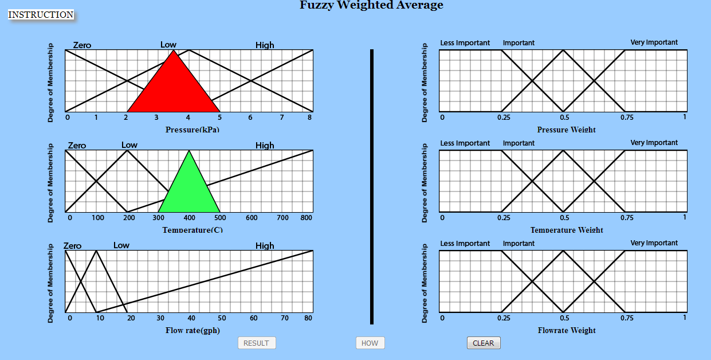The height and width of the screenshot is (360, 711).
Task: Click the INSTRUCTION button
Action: click(x=41, y=15)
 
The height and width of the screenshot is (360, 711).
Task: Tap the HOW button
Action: click(x=370, y=343)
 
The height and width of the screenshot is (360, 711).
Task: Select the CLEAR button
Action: click(x=484, y=343)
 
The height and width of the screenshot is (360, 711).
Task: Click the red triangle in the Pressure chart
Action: click(x=174, y=89)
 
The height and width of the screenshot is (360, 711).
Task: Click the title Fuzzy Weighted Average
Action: click(x=371, y=6)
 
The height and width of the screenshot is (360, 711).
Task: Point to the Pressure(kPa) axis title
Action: click(x=193, y=130)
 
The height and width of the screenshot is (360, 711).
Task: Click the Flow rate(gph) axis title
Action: click(x=193, y=330)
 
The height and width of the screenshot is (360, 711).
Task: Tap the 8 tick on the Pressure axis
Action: click(x=310, y=118)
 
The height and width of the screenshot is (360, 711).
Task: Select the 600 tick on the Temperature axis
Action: click(x=252, y=218)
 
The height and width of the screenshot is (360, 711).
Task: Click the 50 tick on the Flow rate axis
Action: click(x=222, y=318)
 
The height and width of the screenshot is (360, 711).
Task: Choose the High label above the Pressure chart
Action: click(x=265, y=45)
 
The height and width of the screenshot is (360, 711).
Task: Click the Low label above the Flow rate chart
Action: click(x=121, y=245)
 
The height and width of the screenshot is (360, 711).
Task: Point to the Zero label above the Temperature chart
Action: click(x=77, y=146)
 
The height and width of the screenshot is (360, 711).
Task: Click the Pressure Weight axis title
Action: click(x=566, y=130)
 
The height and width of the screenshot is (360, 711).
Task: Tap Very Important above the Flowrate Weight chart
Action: click(x=654, y=243)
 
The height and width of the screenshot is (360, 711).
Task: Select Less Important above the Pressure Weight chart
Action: click(x=465, y=43)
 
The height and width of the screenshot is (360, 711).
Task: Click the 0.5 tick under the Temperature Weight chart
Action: click(x=564, y=218)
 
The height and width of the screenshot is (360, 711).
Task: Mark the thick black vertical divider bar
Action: click(x=372, y=187)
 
